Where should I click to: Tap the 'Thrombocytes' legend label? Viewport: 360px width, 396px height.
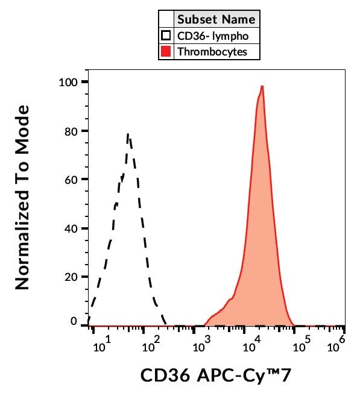(x=212, y=52)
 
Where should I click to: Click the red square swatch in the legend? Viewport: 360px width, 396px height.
(x=166, y=52)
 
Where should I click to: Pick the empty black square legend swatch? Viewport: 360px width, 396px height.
(x=166, y=36)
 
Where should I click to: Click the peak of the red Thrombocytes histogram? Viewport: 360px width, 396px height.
(x=262, y=86)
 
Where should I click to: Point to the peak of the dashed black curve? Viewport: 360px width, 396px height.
(x=128, y=135)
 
